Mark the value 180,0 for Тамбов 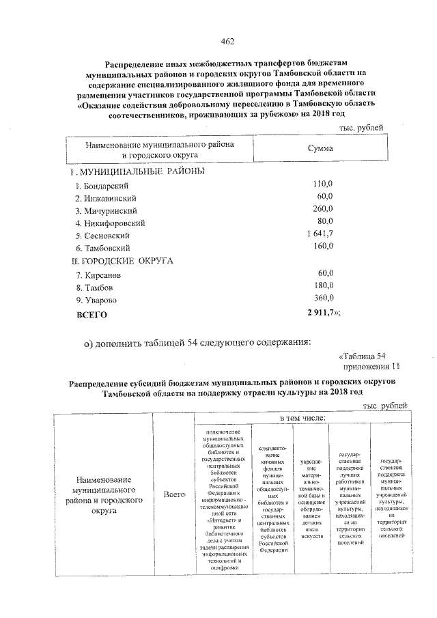coord(322,286)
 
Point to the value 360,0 coord(322,298)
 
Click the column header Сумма coord(320,148)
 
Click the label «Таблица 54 coord(363,355)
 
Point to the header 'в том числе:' coord(302,418)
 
